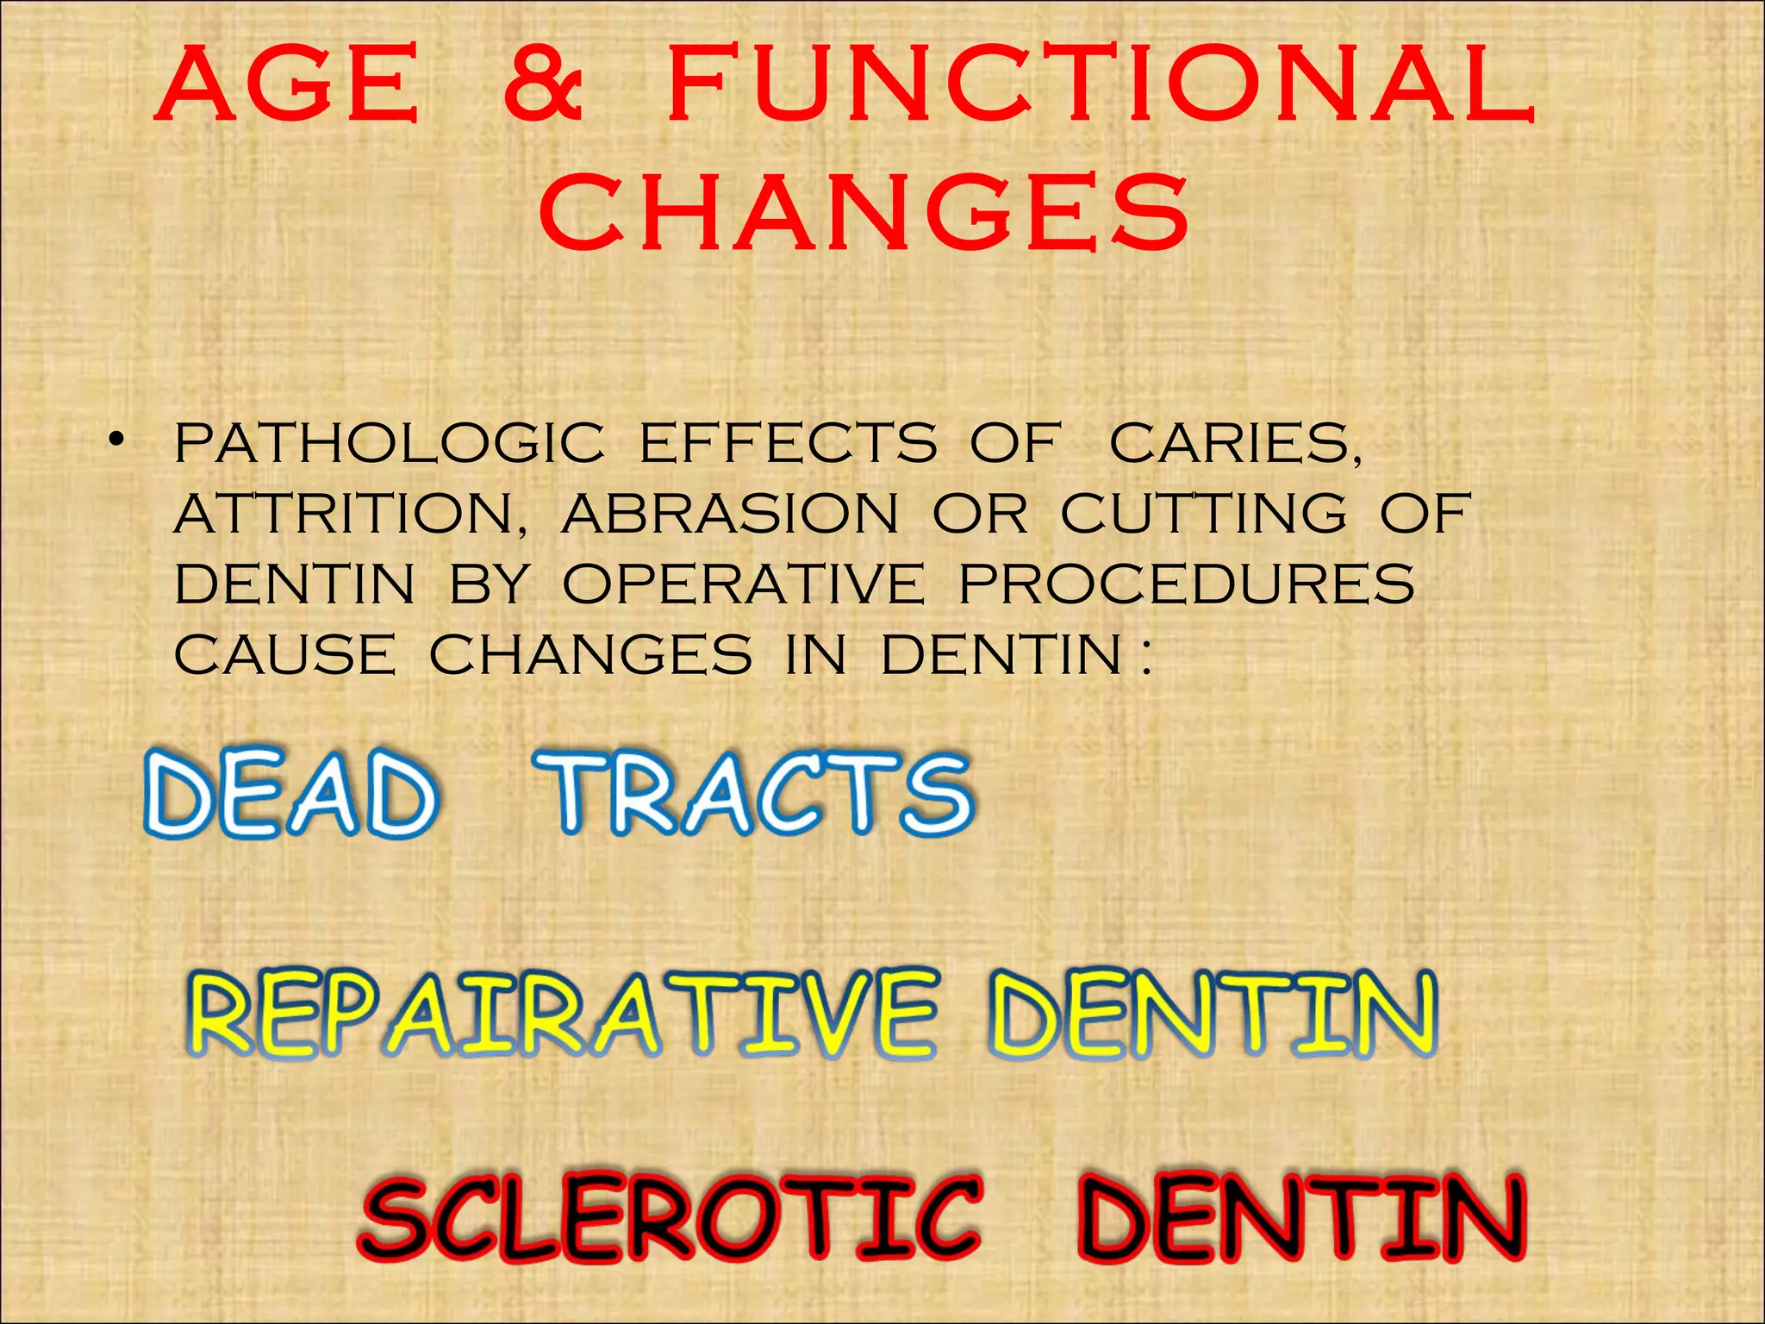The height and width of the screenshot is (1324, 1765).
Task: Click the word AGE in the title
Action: click(287, 86)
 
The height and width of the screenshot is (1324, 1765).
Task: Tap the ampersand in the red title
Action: click(544, 86)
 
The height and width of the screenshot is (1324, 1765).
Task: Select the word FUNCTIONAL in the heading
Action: click(1101, 86)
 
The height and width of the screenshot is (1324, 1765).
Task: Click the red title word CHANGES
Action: click(864, 213)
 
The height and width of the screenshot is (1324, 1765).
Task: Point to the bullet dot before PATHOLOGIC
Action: click(115, 443)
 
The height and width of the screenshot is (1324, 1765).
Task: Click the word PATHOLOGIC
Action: click(390, 443)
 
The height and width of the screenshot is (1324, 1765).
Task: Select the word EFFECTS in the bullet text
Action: click(788, 443)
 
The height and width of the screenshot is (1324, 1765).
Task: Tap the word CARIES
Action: click(1235, 445)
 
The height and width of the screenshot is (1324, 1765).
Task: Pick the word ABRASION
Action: click(730, 514)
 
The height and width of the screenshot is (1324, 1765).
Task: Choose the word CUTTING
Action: click(1203, 514)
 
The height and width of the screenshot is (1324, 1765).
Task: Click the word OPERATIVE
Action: click(744, 584)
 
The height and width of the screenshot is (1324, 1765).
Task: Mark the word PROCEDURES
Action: click(1187, 584)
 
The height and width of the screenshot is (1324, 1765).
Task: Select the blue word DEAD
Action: click(290, 794)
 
